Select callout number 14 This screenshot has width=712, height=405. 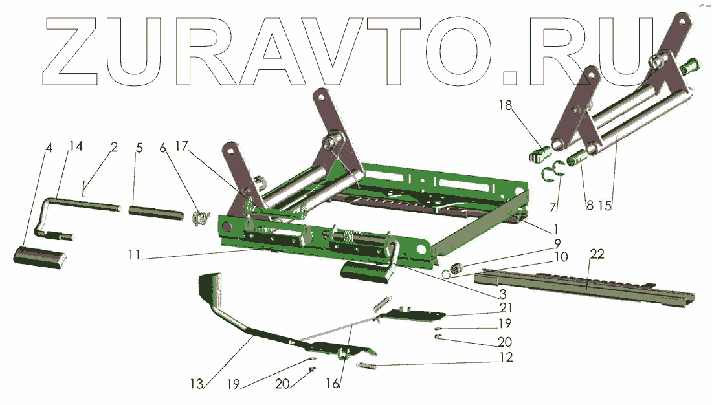76,147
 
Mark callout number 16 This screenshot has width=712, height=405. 333,384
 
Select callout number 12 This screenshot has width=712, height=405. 506,357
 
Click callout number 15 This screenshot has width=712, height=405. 605,206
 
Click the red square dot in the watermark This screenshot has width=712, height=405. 510,78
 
